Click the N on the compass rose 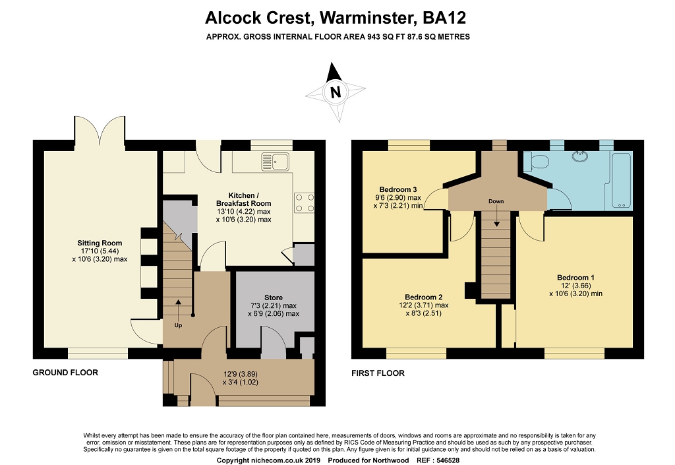(x=336, y=92)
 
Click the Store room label (x=274, y=297)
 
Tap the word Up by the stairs (x=178, y=325)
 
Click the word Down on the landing (x=496, y=201)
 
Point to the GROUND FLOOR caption (x=65, y=373)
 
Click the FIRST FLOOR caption (x=378, y=373)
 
